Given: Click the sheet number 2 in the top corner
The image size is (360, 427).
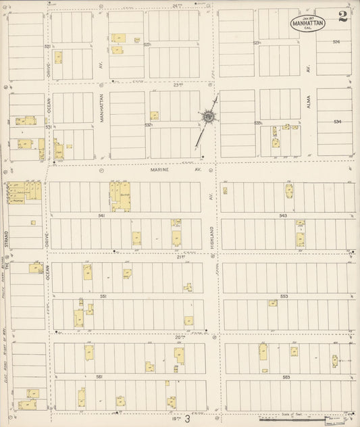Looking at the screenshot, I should click(x=343, y=18).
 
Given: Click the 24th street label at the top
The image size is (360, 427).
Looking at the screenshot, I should click(x=177, y=5).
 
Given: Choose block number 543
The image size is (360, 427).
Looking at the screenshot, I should click(x=282, y=216).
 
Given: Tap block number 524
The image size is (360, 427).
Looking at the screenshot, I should click(x=336, y=43).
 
